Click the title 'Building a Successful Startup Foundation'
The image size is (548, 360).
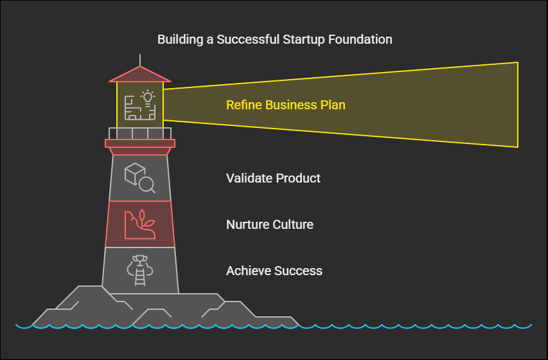(274, 39)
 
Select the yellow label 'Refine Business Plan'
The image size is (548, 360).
(285, 105)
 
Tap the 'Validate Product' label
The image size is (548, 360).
(273, 178)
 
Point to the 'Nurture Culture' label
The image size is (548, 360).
(270, 224)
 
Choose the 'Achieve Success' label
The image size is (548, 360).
(274, 271)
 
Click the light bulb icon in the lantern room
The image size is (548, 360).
(148, 97)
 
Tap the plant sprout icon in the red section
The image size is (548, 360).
(146, 220)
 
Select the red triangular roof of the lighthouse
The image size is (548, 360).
(140, 75)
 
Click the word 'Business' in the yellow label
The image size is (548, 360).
(287, 105)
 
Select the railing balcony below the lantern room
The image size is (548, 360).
(140, 133)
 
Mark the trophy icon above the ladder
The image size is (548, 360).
(140, 262)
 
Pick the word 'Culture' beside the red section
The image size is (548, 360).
(293, 224)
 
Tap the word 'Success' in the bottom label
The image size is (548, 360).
(299, 271)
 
